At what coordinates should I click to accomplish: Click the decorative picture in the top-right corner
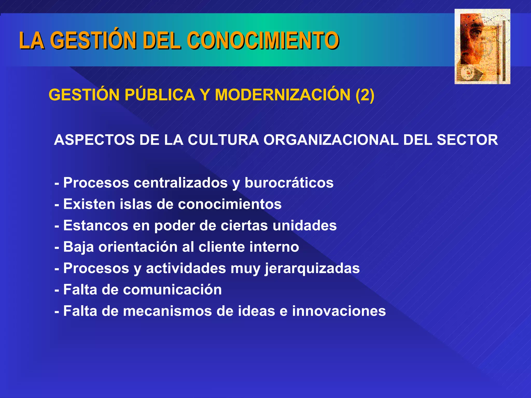click(482, 47)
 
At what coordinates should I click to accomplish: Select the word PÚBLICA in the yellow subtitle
click(160, 95)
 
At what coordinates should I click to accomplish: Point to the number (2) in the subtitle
click(365, 95)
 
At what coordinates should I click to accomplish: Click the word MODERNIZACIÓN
click(283, 95)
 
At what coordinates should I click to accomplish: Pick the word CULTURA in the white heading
click(223, 140)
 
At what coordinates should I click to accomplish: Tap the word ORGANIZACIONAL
click(331, 140)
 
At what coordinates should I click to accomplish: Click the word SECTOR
click(467, 140)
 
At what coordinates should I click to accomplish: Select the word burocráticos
click(289, 183)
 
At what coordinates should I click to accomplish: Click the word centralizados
click(181, 183)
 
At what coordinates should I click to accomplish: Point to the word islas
click(136, 204)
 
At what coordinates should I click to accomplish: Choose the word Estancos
click(96, 225)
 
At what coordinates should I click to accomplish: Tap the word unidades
click(305, 225)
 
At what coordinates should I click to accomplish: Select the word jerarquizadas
click(312, 268)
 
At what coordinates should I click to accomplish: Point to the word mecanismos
click(167, 311)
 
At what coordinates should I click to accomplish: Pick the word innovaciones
click(339, 311)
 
